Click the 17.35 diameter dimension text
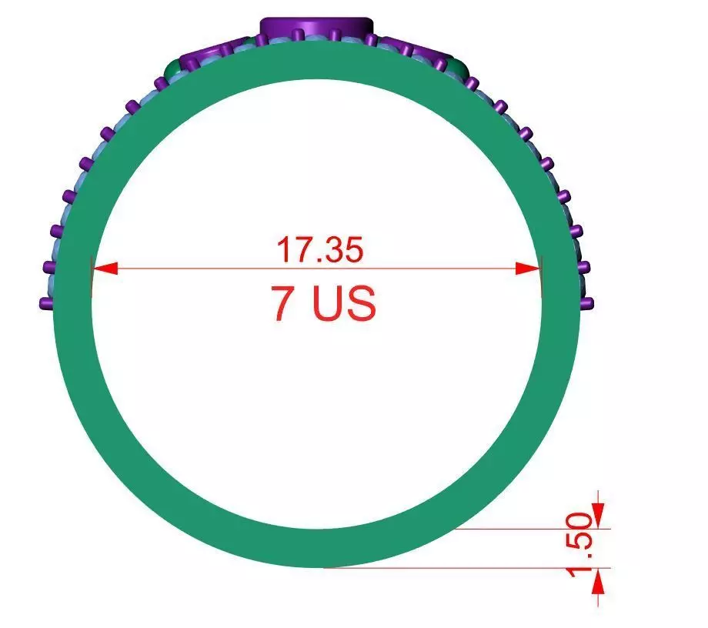(x=319, y=250)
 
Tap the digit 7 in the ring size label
(x=282, y=304)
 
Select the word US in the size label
(x=345, y=304)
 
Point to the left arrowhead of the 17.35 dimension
(x=105, y=268)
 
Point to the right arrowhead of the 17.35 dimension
(x=529, y=268)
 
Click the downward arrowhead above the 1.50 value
(x=599, y=515)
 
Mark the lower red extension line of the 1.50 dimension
(x=462, y=568)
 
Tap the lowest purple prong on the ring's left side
(x=45, y=304)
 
